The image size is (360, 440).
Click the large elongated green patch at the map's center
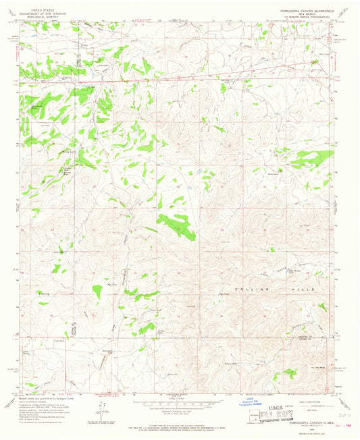click(178, 228)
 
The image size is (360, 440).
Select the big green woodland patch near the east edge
click(313, 158)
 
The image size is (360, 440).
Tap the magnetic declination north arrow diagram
click(101, 410)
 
